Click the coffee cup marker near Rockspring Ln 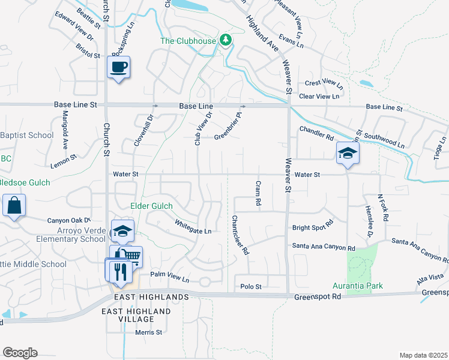118,66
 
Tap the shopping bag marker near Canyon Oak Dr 14,205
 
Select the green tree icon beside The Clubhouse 226,41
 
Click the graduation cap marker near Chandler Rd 347,152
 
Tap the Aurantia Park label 358,286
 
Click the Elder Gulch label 151,206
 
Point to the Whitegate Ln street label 193,227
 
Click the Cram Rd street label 258,193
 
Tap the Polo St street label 250,286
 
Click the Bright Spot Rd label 312,228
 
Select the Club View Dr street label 202,128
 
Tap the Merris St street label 148,332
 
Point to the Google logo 20,353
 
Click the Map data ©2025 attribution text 423,355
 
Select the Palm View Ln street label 169,277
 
